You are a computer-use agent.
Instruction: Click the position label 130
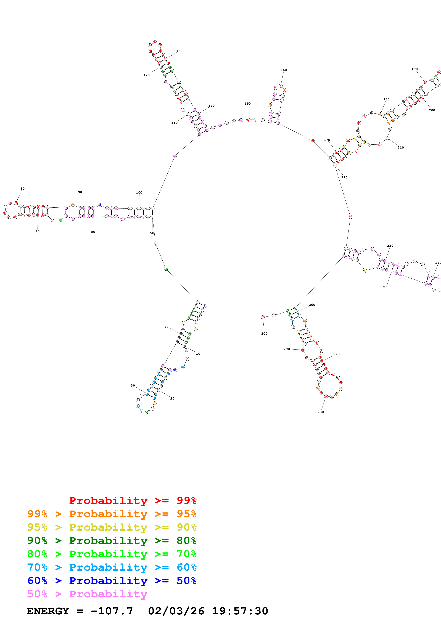(179, 51)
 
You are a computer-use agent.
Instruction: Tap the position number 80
(23, 189)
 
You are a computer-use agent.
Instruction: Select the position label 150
(247, 104)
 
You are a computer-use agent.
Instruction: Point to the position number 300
(264, 334)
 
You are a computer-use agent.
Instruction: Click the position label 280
(321, 412)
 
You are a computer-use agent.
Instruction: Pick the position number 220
(344, 178)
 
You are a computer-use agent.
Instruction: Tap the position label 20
(172, 398)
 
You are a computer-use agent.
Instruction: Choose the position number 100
(139, 192)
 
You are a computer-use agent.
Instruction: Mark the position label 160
(284, 70)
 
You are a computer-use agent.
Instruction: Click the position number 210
(401, 148)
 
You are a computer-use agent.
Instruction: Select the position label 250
(386, 287)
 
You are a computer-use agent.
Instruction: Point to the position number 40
(166, 327)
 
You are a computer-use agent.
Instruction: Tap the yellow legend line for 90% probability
(112, 527)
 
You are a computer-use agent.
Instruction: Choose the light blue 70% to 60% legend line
(112, 567)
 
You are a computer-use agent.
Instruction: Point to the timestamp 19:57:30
(240, 611)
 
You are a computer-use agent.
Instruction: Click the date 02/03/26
(176, 611)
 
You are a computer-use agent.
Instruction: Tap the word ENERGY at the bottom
(48, 611)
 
